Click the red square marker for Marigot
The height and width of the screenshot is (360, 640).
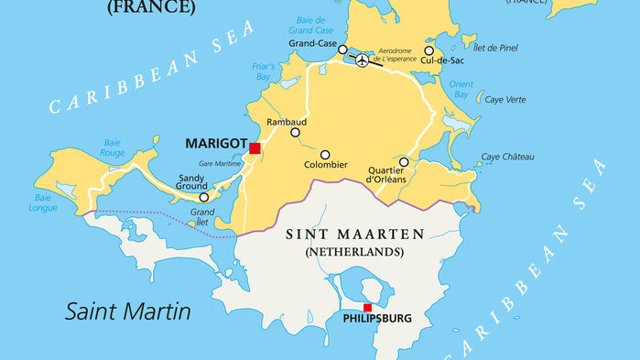(x=255, y=147)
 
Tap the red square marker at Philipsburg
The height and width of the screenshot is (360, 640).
(x=367, y=308)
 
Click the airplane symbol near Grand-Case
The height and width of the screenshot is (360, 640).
(x=362, y=60)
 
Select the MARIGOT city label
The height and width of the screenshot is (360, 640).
(x=215, y=144)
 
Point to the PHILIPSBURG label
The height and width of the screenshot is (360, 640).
(x=376, y=320)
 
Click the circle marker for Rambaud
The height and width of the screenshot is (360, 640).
(x=295, y=133)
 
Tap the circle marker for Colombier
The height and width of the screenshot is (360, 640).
(x=324, y=154)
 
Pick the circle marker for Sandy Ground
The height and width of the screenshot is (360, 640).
(x=203, y=197)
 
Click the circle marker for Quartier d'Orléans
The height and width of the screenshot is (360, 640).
(x=404, y=162)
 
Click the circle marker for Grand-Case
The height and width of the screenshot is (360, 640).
(x=342, y=49)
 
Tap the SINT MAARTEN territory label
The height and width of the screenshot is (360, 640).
(x=355, y=235)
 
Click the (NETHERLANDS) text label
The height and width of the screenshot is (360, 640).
(x=355, y=251)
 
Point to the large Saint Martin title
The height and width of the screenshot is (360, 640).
(x=127, y=311)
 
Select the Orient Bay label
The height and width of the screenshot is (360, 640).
(x=461, y=90)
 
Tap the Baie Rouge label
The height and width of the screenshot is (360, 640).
(x=113, y=148)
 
